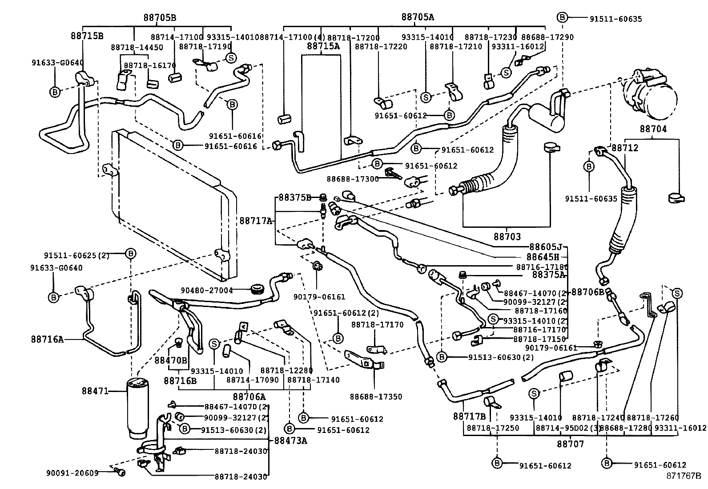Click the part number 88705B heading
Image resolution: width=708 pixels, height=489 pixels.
(x=160, y=18)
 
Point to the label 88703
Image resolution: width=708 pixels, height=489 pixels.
(x=507, y=237)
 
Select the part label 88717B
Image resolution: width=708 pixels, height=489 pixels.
(x=469, y=416)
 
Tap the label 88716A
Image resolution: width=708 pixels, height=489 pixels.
(x=47, y=339)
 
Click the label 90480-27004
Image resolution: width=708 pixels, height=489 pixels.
(x=206, y=290)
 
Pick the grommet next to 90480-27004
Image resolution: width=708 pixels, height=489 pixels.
(x=257, y=290)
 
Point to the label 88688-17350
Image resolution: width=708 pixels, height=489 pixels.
(x=376, y=396)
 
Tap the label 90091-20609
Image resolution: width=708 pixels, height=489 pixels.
(x=72, y=473)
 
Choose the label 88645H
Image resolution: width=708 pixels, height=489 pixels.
(x=543, y=257)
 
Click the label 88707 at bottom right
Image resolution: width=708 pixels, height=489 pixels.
(x=571, y=444)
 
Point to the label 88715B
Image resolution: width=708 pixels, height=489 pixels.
(x=87, y=35)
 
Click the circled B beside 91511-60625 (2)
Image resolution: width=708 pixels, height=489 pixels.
(x=130, y=253)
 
